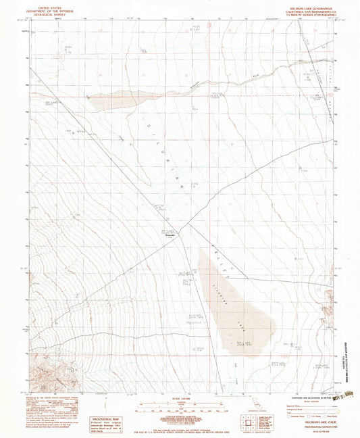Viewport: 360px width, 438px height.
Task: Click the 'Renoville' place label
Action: [x=171, y=237]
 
